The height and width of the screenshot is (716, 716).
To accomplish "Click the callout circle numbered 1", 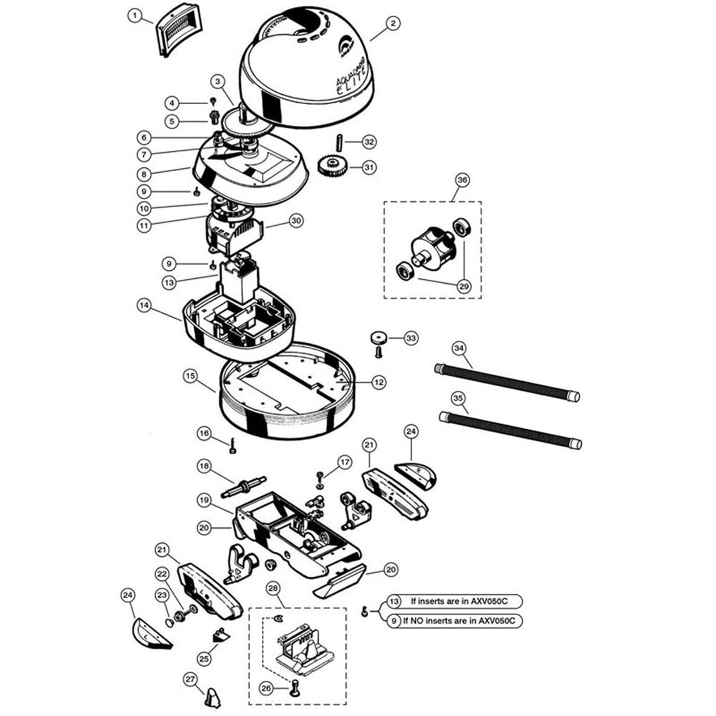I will pos(134,16).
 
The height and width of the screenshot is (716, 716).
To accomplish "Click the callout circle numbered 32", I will pos(369,142).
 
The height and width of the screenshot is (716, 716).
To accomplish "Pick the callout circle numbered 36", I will pos(462,180).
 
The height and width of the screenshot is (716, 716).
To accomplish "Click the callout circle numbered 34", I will pos(459,348).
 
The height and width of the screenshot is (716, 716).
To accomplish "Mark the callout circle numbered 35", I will pos(457,397).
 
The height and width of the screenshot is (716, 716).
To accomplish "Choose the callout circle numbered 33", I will pos(411,338).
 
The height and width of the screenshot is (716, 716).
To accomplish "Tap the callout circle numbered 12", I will pos(379,382).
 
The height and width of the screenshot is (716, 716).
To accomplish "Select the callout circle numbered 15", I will pos(190,375).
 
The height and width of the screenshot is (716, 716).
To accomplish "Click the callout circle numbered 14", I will pos(144,306).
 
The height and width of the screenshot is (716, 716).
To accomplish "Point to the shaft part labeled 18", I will pos(244,486).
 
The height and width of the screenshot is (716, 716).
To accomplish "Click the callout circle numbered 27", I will pos(191,680).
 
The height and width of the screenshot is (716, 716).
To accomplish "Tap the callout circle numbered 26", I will pos(266,688).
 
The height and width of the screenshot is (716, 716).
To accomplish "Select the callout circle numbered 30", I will pos(296,221).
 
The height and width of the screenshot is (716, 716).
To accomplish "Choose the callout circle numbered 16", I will pos(204,434).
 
